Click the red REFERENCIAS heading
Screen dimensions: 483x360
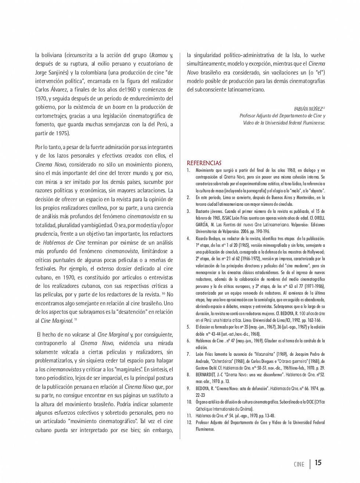(204, 163)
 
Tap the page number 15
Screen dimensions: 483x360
(318, 462)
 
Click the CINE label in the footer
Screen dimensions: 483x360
(299, 464)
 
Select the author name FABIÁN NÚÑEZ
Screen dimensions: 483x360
(308, 109)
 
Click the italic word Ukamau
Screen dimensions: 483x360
(158, 55)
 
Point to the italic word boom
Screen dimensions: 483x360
(119, 107)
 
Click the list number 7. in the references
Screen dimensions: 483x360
(188, 354)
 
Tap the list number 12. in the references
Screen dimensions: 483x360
(189, 422)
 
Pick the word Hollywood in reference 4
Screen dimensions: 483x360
(316, 252)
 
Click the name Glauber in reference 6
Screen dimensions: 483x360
(271, 341)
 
